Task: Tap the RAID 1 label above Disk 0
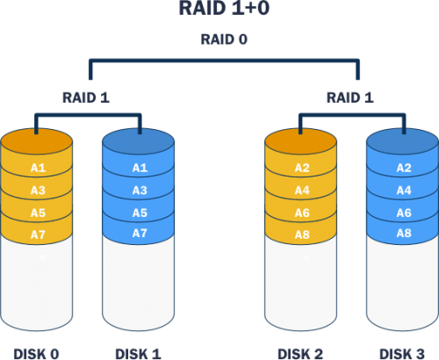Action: pyautogui.click(x=86, y=97)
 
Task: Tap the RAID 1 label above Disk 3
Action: pyautogui.click(x=350, y=97)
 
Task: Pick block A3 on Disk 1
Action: pyautogui.click(x=140, y=191)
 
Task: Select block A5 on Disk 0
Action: pyautogui.click(x=37, y=212)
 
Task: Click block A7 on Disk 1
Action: pyautogui.click(x=140, y=234)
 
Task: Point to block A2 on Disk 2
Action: pyautogui.click(x=300, y=168)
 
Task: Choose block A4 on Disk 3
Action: pyautogui.click(x=403, y=191)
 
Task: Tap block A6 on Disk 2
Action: pyautogui.click(x=300, y=212)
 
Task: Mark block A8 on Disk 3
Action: pyautogui.click(x=403, y=234)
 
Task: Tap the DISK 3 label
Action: pyautogui.click(x=403, y=353)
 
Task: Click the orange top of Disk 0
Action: pyautogui.click(x=37, y=140)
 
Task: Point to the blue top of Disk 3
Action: pyautogui.click(x=403, y=140)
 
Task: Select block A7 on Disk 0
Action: pyautogui.click(x=37, y=234)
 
